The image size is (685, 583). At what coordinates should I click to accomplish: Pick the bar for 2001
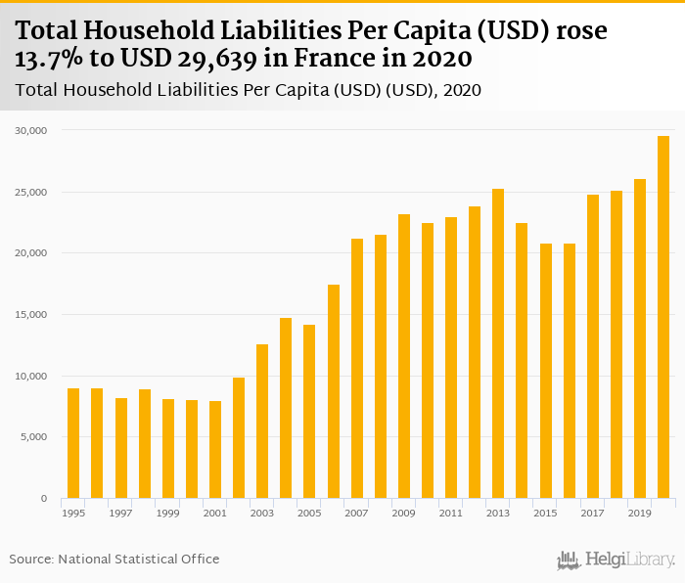point(215,449)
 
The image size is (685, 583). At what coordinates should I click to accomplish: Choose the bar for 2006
point(333,391)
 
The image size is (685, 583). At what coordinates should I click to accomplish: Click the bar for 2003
point(262,422)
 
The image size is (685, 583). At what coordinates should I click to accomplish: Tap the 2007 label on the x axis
point(356,513)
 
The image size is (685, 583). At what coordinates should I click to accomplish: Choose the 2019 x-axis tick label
point(640,513)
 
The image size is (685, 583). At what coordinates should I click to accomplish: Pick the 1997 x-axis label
point(120,513)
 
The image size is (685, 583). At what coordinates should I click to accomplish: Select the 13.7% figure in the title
point(48,59)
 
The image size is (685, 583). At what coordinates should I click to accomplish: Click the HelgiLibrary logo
point(616,560)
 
